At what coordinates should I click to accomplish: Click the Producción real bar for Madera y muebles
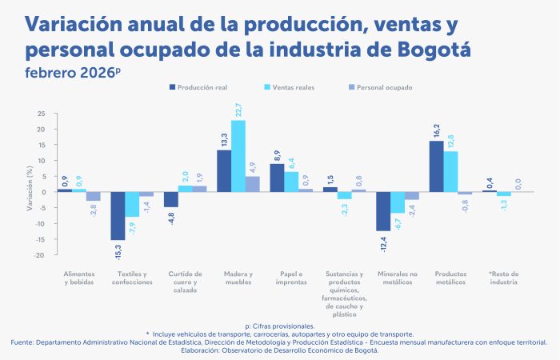(x=224, y=171)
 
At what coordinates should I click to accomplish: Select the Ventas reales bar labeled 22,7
(x=238, y=156)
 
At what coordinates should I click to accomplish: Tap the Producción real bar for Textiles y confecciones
(x=118, y=216)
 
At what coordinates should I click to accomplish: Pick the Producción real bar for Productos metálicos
(x=436, y=166)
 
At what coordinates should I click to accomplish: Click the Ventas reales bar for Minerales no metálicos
(x=398, y=202)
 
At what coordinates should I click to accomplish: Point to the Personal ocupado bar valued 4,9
(x=253, y=184)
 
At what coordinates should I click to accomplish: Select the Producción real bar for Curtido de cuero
(x=170, y=199)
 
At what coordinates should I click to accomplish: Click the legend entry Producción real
(x=199, y=86)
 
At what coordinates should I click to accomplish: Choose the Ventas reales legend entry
(x=292, y=86)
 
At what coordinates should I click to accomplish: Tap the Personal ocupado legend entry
(x=380, y=86)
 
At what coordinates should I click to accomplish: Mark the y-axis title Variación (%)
(x=30, y=186)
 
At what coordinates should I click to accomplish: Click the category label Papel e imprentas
(x=290, y=278)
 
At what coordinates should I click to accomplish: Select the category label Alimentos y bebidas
(x=79, y=278)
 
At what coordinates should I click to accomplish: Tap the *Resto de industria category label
(x=504, y=278)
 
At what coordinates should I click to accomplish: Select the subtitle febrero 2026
(x=71, y=73)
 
